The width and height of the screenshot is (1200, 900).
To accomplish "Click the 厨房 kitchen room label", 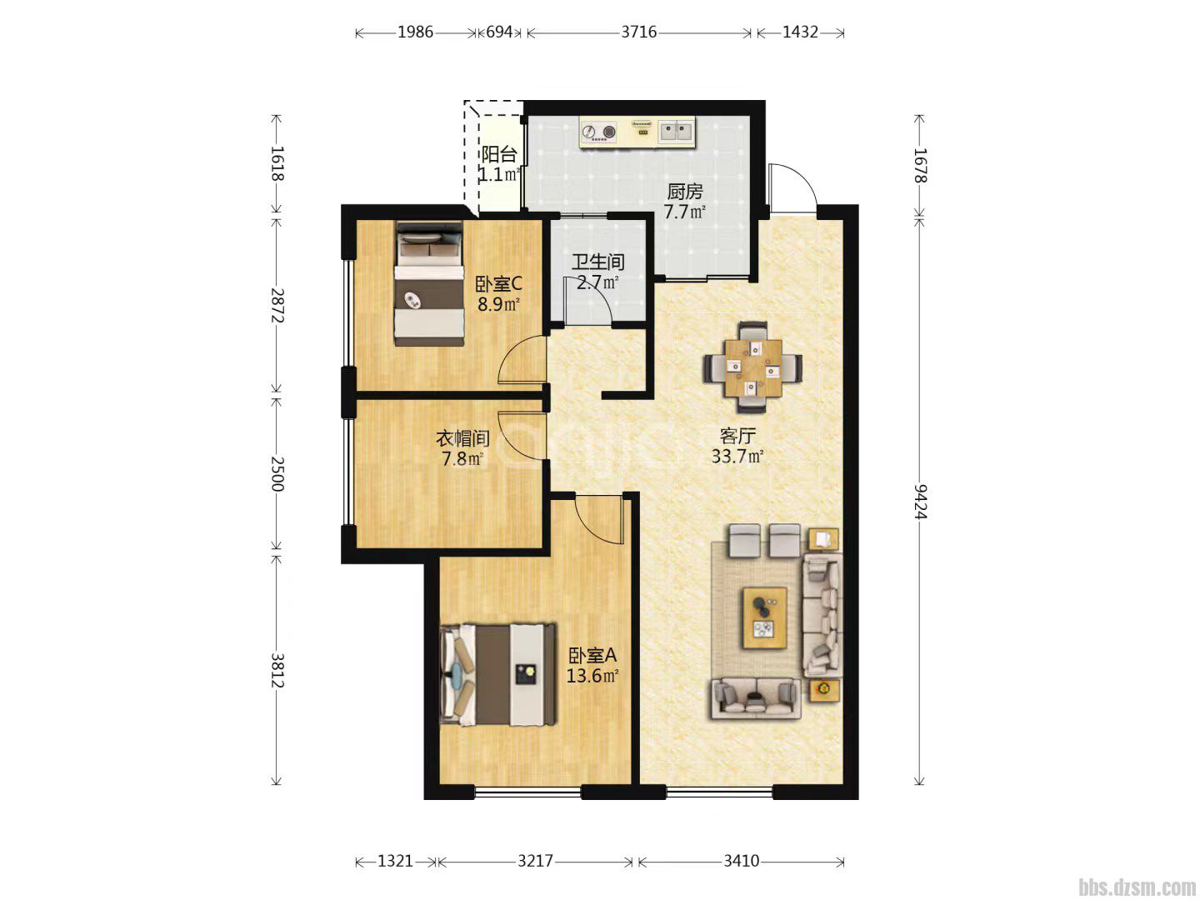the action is coord(684,192).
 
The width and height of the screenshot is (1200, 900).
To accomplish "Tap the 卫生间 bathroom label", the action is coord(598,262).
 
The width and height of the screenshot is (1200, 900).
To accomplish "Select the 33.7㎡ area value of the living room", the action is coord(737,456).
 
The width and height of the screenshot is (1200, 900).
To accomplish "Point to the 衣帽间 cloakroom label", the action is coord(462,438).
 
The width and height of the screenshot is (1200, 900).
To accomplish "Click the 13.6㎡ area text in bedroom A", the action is coord(592,676).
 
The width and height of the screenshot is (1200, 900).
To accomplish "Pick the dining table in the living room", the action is coord(752,367).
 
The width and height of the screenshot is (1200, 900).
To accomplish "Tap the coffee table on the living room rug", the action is coord(764,618).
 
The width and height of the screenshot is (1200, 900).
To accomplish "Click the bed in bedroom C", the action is coord(429,283).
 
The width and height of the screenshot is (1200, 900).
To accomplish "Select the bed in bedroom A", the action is coord(498,675).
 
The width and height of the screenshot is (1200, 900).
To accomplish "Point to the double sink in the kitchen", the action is coord(677,132).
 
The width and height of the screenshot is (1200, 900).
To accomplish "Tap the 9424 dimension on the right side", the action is coord(920,502).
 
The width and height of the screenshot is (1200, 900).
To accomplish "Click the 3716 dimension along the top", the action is coord(638,32).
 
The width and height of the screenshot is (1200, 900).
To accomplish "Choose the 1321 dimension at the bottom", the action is coord(395,862).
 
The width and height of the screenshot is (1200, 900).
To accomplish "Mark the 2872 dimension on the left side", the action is coord(277,306).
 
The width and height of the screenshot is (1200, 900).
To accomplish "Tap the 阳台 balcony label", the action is coord(498,155).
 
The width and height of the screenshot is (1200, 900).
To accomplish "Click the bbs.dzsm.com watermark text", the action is coord(1137,887).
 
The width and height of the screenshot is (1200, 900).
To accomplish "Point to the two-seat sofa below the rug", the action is coord(755,699).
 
